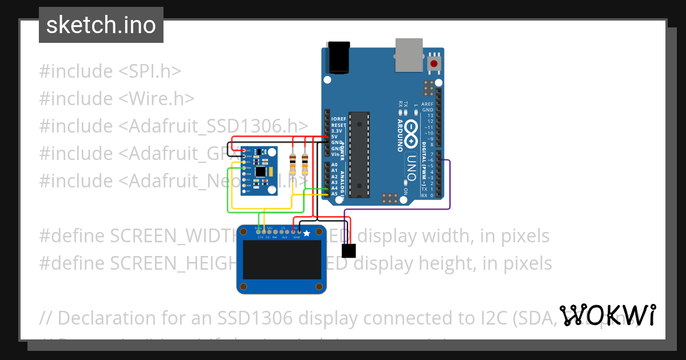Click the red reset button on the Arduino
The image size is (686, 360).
[434, 63]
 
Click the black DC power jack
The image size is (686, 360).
[338, 58]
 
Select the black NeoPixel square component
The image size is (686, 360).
[348, 250]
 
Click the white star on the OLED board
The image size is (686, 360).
[306, 233]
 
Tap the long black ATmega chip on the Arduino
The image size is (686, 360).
[357, 154]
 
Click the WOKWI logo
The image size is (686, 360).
[607, 315]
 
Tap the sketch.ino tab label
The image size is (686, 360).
[101, 25]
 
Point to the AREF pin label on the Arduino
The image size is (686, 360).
[427, 104]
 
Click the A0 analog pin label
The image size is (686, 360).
[334, 165]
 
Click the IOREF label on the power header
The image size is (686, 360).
[338, 118]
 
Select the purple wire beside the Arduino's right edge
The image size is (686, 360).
[450, 183]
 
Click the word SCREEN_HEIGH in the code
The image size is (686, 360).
[171, 263]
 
